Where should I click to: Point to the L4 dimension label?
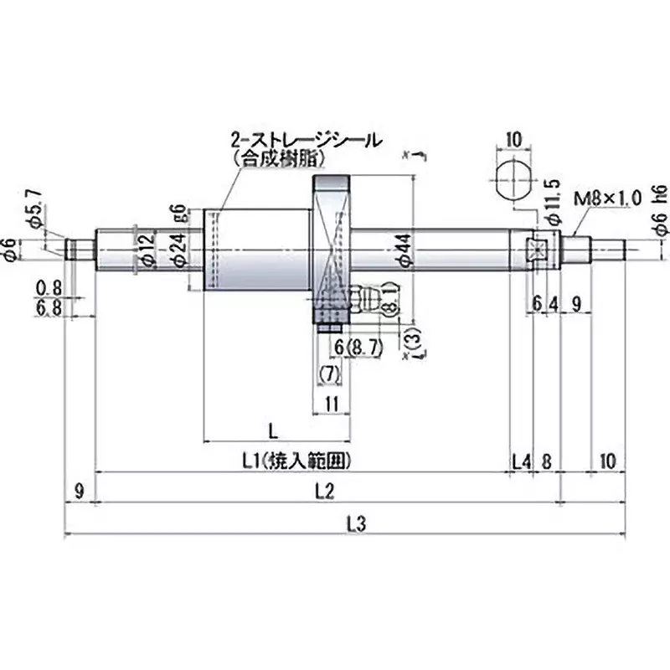521,461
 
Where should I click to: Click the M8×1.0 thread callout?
607,198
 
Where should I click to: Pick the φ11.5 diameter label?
551,198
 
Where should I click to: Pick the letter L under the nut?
274,430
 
